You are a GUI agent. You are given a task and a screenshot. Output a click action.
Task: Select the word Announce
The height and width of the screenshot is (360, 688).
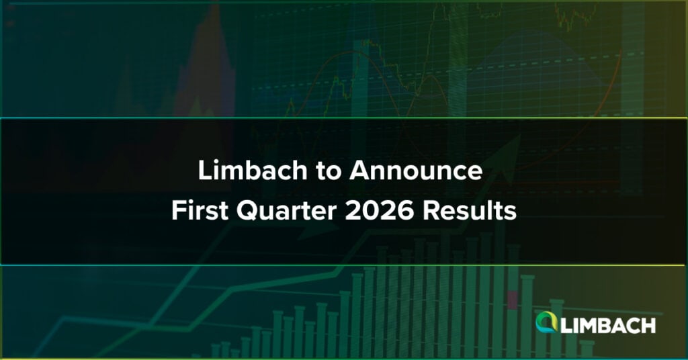tap(415, 171)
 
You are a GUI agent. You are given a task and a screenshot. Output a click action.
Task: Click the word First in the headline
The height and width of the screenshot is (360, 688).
tap(200, 211)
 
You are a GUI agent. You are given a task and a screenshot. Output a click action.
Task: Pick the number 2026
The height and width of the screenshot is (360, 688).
tap(379, 211)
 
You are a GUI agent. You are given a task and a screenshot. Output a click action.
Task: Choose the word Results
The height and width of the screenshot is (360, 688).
tap(469, 211)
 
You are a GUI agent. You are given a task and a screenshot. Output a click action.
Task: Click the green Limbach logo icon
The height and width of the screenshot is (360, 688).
tap(546, 322)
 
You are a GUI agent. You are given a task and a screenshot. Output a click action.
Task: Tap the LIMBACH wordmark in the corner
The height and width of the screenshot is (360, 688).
tap(608, 326)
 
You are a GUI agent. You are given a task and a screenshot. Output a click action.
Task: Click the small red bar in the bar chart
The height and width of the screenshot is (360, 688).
tap(513, 300)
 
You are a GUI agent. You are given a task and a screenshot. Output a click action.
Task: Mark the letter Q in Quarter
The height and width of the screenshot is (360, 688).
tap(248, 212)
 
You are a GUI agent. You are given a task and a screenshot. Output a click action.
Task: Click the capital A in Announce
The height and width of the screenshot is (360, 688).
tap(360, 171)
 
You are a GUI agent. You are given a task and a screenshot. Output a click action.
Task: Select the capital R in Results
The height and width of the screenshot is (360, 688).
tap(431, 211)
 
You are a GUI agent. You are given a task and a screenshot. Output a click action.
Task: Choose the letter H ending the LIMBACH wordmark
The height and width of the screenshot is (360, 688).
tap(649, 326)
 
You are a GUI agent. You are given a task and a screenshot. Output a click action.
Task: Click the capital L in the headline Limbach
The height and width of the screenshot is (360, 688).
tap(205, 171)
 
